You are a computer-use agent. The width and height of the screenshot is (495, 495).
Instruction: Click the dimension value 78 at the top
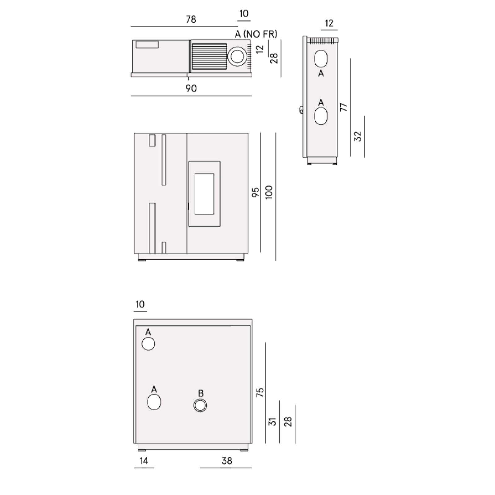coord(191,19)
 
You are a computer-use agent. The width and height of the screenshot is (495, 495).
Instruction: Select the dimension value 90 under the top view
coord(191,88)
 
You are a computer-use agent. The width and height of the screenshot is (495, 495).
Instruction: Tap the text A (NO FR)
coord(256,34)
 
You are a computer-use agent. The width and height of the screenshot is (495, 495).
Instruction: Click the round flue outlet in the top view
coord(237,57)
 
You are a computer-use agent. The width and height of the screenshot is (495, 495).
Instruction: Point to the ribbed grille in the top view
coord(209,56)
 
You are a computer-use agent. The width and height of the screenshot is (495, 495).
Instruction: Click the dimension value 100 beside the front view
coord(269,192)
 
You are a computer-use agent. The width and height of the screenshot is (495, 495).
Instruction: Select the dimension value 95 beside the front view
coord(255,192)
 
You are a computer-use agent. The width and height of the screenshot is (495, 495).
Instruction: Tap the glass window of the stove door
coord(204,194)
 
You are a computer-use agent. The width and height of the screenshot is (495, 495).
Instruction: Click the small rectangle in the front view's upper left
coord(152,140)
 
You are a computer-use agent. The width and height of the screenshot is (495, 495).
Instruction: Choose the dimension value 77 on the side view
coord(344,107)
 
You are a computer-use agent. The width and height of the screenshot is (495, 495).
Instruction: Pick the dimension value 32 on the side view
coord(358,136)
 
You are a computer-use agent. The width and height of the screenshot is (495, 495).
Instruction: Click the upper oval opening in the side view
coord(321,58)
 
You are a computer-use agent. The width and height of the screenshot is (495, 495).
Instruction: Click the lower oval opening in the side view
coord(321,116)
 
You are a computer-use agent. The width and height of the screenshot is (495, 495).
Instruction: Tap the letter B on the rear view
coord(200,393)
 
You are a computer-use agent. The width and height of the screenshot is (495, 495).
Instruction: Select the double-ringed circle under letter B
coord(200,405)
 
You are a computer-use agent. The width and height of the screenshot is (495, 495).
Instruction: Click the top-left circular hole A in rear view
coord(148,344)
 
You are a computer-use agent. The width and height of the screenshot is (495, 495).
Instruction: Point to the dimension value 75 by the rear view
coord(260,392)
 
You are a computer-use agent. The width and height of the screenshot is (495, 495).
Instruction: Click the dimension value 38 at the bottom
coord(227,461)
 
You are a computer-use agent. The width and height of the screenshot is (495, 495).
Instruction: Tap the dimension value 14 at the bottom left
coord(144,461)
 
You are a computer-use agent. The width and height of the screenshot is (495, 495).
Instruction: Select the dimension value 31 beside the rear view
coord(272,421)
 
